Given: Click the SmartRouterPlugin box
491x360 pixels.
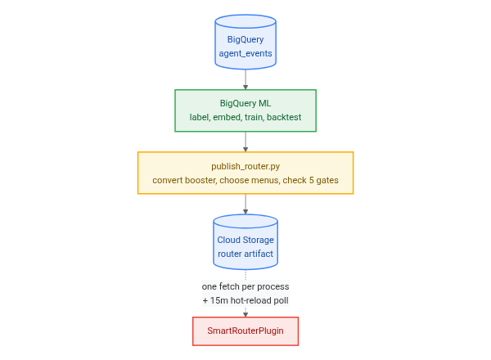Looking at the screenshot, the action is [x=245, y=331].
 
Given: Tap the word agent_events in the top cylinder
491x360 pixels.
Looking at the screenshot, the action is [x=245, y=53].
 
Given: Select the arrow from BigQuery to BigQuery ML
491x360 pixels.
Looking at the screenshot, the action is [x=245, y=79].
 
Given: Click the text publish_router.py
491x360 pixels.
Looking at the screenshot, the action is [x=245, y=166].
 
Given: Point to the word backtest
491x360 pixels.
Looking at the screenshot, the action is [x=284, y=117].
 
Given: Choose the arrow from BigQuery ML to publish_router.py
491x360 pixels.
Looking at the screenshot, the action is [x=245, y=142].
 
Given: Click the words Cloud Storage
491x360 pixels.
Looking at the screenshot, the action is [x=245, y=240].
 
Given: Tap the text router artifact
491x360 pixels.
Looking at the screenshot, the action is [x=245, y=254].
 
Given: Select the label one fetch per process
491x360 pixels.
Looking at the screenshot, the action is [x=245, y=286].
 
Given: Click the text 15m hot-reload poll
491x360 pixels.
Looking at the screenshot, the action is [x=250, y=300].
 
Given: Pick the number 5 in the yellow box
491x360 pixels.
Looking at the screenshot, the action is [x=311, y=180].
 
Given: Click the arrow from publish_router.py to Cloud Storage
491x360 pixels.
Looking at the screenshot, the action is [x=245, y=204].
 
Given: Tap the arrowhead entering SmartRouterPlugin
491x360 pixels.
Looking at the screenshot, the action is [x=245, y=315].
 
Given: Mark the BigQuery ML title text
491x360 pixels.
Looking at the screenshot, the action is [x=245, y=103].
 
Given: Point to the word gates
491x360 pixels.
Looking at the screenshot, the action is [x=327, y=180].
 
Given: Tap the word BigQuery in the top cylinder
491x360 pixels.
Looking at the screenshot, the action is [x=245, y=40].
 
